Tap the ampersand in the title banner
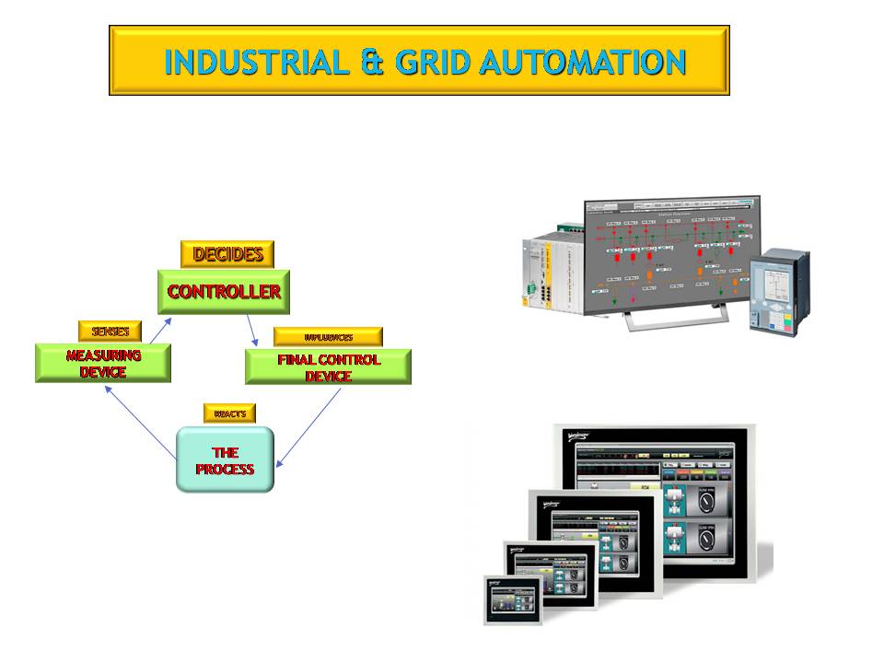(372, 62)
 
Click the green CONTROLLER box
(224, 292)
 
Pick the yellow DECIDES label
(227, 254)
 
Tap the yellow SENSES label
(110, 331)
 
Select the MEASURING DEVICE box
(103, 364)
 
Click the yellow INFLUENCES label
(328, 337)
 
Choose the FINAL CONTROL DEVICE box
(328, 366)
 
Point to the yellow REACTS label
(229, 413)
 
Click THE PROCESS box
(225, 459)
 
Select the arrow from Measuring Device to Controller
(157, 331)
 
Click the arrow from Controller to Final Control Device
(252, 331)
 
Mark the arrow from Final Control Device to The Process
(308, 426)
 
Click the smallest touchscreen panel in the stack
(515, 599)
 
